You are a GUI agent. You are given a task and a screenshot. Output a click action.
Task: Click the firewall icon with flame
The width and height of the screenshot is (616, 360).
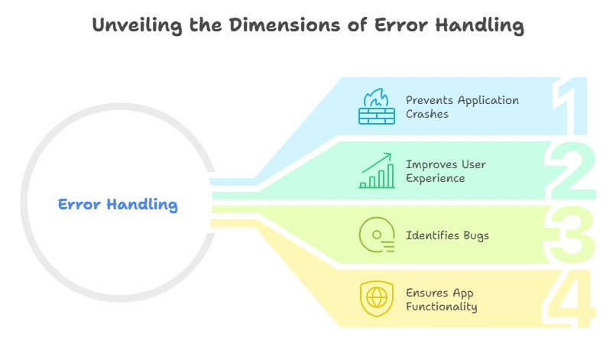(376, 107)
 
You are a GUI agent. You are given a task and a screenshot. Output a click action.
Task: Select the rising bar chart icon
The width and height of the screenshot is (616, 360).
(376, 171)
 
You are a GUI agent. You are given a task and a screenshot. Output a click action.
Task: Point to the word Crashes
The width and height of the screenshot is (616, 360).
(427, 115)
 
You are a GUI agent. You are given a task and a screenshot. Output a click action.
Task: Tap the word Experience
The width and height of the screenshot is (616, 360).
(435, 179)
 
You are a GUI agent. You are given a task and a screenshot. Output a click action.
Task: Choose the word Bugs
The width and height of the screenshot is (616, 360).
(475, 236)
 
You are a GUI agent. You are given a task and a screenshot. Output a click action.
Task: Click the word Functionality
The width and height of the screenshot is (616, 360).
(442, 307)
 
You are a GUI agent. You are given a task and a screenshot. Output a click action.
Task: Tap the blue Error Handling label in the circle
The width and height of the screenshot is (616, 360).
(118, 205)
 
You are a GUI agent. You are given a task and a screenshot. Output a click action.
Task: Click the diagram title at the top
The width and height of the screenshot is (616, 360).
(308, 26)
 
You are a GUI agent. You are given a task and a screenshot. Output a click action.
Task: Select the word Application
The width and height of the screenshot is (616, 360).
(489, 101)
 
